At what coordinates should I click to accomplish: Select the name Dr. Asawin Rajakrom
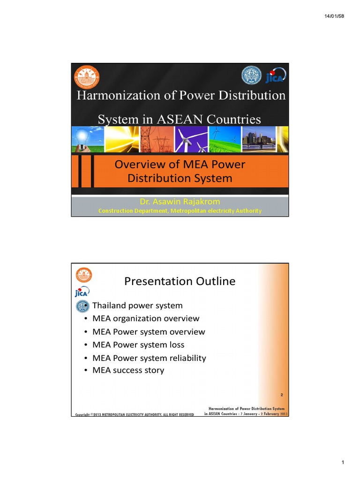(x=180, y=202)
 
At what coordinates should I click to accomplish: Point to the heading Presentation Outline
(x=180, y=281)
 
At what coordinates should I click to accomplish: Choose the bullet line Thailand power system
(x=137, y=306)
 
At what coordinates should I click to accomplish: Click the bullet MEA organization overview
(x=146, y=319)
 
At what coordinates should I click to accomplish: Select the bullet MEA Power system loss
(x=138, y=345)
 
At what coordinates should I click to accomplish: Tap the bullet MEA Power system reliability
(x=149, y=358)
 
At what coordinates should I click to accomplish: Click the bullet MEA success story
(x=128, y=370)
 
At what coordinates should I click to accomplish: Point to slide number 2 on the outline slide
(x=282, y=395)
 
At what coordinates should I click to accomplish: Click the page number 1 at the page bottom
(x=343, y=463)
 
